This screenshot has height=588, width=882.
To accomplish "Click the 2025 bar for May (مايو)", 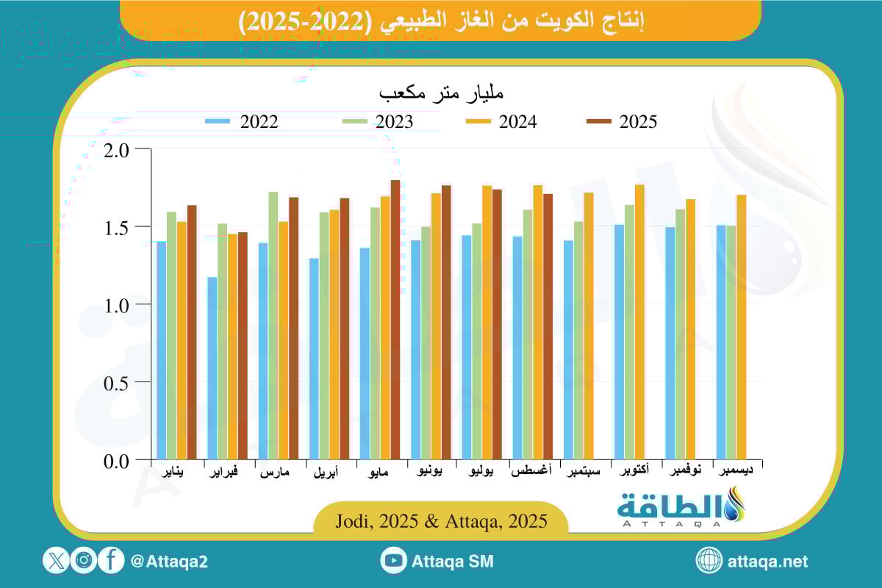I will coord(395,320).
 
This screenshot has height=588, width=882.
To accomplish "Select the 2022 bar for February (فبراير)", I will coord(212,368).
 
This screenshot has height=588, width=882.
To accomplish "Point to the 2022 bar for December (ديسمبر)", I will coord(720,343).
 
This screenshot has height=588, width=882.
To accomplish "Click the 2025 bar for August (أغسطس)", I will coord(548,327).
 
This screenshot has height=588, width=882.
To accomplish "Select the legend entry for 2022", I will coord(243,122).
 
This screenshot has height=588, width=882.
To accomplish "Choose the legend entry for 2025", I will coord(622,122).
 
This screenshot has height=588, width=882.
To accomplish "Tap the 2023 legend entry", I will coord(378,122).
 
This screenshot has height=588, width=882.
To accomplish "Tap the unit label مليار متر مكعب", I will coord(441,94).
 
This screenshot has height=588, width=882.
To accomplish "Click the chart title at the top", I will coord(441,20).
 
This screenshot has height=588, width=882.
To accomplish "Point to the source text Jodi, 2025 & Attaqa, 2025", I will coord(441,522).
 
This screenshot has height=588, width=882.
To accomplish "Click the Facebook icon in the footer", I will coord(111,561).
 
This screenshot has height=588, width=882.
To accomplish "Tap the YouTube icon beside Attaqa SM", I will coord(394,561).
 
